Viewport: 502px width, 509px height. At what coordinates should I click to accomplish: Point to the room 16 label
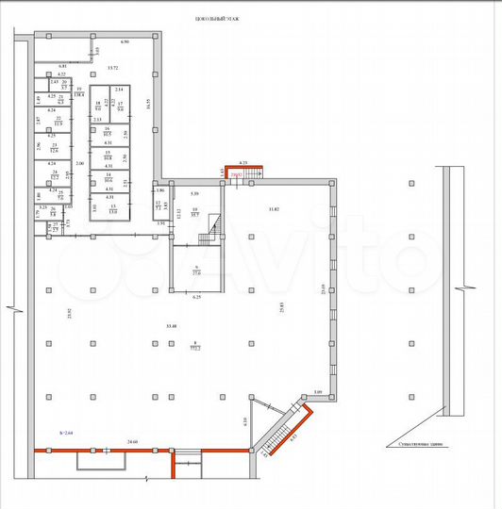coord(109,130)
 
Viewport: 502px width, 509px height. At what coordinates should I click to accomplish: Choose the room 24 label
coord(55,174)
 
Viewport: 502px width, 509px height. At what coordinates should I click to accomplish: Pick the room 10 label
coord(195,212)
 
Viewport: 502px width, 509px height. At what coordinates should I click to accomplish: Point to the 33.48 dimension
coord(171,326)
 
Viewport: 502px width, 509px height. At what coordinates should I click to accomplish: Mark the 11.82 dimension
coord(274,208)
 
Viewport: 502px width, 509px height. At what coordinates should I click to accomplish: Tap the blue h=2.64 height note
coord(65,429)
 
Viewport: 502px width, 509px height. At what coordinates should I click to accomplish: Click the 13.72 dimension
coord(113,68)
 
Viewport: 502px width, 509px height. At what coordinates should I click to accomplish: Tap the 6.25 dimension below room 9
coord(197,297)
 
